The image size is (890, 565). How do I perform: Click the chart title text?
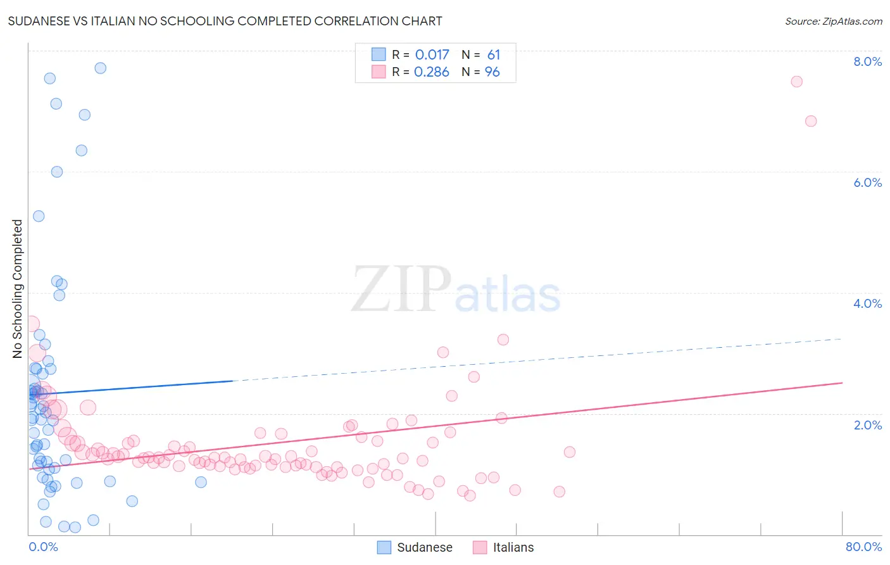click(x=225, y=21)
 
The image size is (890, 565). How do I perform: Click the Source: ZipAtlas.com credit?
click(x=833, y=21)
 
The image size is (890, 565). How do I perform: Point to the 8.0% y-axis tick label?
click(x=867, y=61)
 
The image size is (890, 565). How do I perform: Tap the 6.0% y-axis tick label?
click(x=867, y=182)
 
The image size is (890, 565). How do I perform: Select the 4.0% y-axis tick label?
click(x=867, y=303)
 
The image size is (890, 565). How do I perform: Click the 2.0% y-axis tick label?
click(x=867, y=425)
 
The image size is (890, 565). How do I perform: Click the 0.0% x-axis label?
click(x=43, y=547)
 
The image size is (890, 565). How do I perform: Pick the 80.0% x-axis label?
click(x=863, y=547)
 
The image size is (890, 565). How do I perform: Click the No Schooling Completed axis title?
click(x=17, y=289)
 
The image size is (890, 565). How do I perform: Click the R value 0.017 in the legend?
click(x=432, y=55)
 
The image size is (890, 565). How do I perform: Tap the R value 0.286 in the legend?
click(x=432, y=72)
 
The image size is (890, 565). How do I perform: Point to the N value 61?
click(x=494, y=55)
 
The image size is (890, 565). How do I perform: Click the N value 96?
click(x=492, y=72)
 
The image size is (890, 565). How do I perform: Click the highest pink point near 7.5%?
click(x=797, y=82)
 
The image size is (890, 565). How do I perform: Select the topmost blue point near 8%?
click(x=100, y=68)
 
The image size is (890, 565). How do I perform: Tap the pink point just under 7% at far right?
click(x=811, y=121)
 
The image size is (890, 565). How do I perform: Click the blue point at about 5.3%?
click(x=39, y=216)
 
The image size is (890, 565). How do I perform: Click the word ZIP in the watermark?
click(x=401, y=289)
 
